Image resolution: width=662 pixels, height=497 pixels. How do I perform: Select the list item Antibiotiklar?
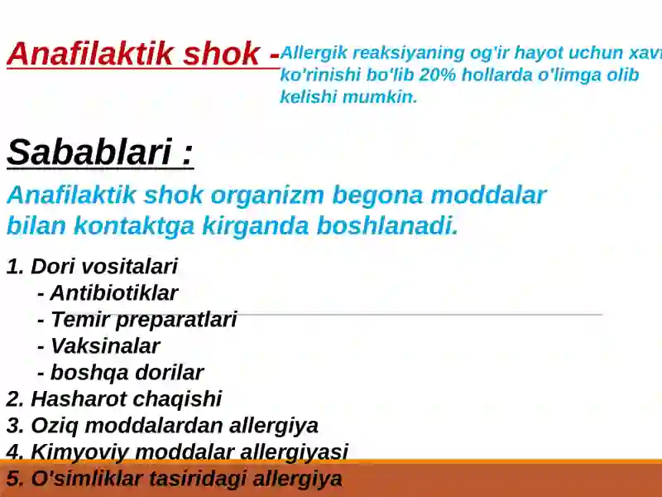pos(113,293)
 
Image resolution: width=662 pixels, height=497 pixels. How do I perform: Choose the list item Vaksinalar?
pos(104,346)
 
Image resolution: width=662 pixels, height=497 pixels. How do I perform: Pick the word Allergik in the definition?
pos(311,54)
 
